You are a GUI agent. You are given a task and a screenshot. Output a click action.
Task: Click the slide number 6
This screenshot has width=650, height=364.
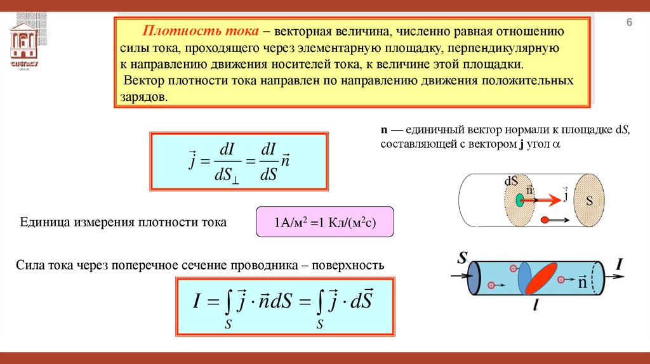tap(630, 23)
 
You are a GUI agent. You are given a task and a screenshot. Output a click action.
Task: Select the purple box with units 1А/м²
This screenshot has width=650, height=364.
tap(324, 222)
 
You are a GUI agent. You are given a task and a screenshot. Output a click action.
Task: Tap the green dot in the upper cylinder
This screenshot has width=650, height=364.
tap(519, 200)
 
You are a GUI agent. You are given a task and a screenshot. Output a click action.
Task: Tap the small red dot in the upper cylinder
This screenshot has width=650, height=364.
tap(544, 220)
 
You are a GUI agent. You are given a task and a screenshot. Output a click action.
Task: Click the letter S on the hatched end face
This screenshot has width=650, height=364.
tap(589, 201)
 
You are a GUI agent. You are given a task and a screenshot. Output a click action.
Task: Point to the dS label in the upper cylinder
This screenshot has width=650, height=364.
tap(512, 180)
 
